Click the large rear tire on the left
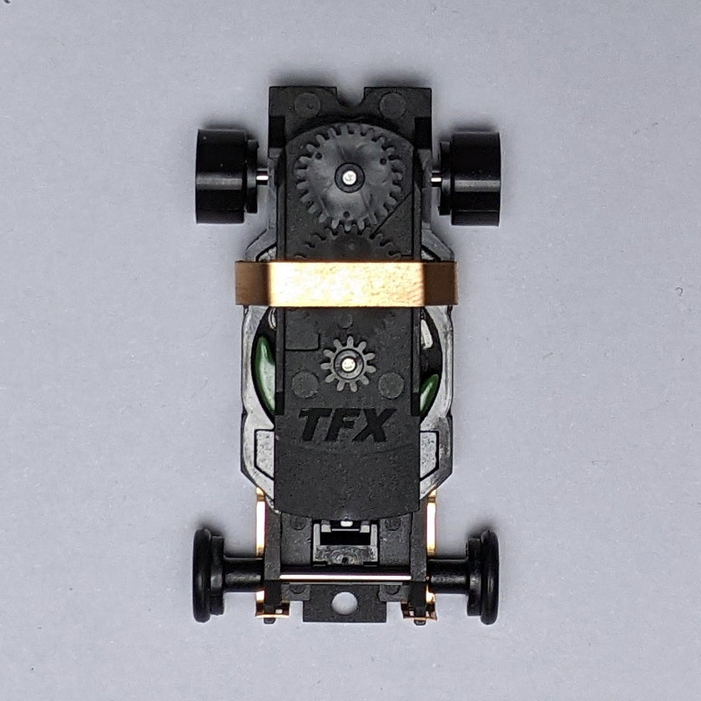pyautogui.click(x=221, y=176)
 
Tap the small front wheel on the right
pyautogui.click(x=487, y=577)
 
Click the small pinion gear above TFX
pyautogui.click(x=348, y=364)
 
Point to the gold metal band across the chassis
pyautogui.click(x=346, y=283)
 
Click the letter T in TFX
pyautogui.click(x=315, y=425)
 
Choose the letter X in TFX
pyautogui.click(x=374, y=425)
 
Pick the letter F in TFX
pyautogui.click(x=344, y=425)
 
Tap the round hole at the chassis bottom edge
pyautogui.click(x=344, y=603)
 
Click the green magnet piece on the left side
pyautogui.click(x=265, y=367)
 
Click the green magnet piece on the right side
pyautogui.click(x=429, y=388)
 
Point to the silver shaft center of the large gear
pyautogui.click(x=349, y=176)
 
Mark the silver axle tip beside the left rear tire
pyautogui.click(x=262, y=176)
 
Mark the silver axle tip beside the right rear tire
pyautogui.click(x=435, y=178)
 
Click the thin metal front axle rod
pyautogui.click(x=344, y=577)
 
